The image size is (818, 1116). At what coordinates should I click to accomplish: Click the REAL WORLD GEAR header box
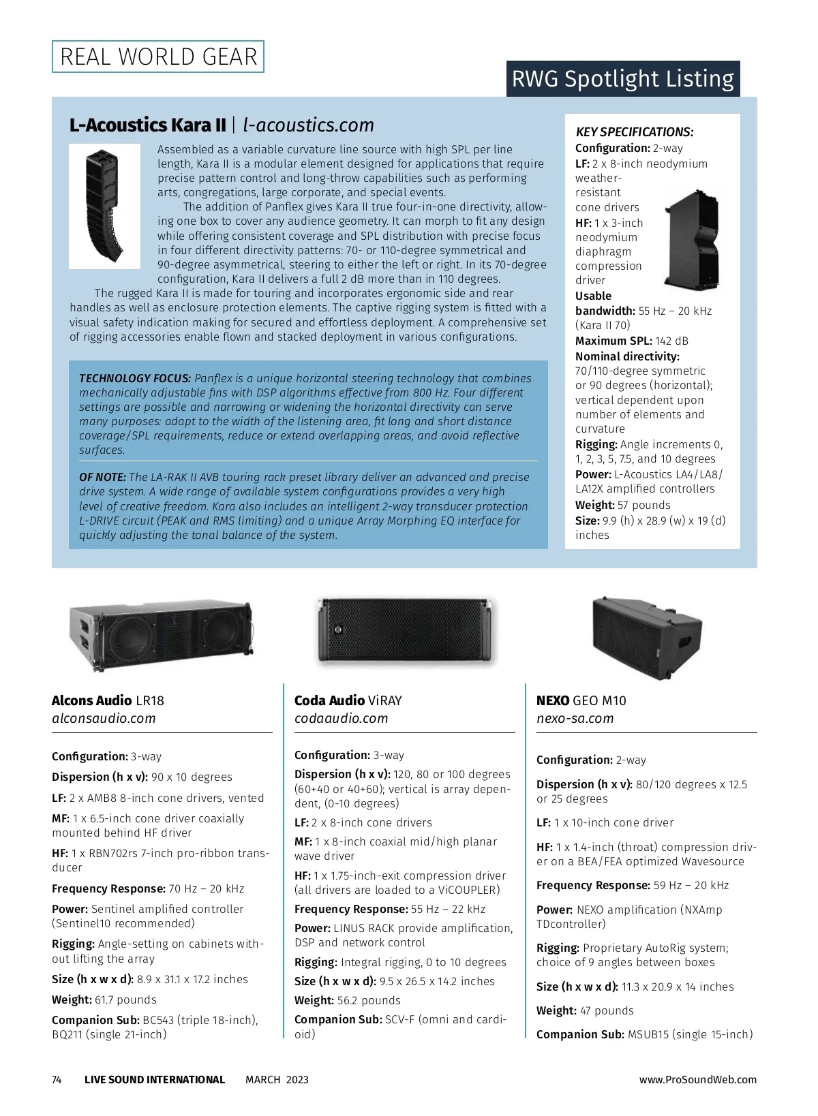tap(158, 57)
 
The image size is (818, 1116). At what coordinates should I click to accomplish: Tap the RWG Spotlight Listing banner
tap(622, 79)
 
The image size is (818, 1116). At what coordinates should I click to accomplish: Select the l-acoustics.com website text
tap(308, 125)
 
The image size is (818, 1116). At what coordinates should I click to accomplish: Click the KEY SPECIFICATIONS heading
tap(634, 132)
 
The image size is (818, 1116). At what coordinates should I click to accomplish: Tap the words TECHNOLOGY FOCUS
tap(135, 378)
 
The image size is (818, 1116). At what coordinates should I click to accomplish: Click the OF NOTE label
tap(102, 477)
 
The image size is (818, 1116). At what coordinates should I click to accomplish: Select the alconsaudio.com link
tap(104, 718)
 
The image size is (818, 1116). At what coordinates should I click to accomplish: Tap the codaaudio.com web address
tap(341, 718)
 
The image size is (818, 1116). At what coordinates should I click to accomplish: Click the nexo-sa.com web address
tap(575, 718)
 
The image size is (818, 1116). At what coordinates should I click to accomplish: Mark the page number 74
tap(57, 1079)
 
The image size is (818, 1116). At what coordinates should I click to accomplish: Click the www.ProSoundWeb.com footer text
tap(697, 1079)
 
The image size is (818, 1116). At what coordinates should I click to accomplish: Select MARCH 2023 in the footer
tap(277, 1079)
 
